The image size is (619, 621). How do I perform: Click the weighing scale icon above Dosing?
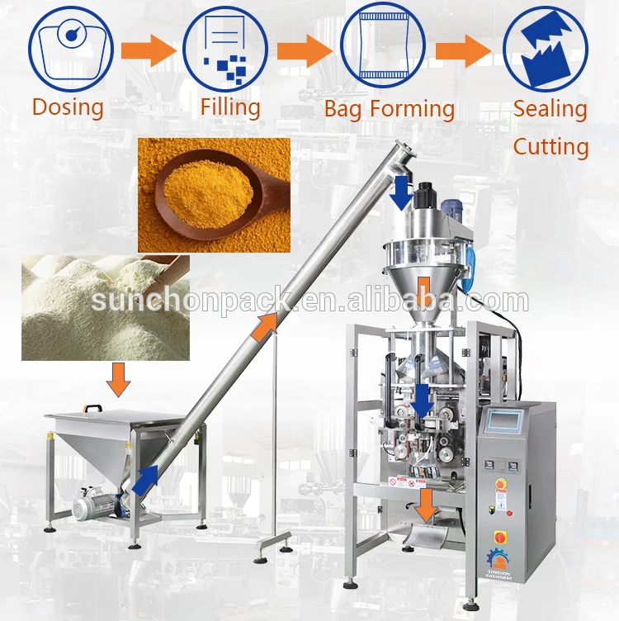point(71,47)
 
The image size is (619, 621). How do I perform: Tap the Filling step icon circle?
point(225,47)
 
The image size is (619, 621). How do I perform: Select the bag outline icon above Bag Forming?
point(382,47)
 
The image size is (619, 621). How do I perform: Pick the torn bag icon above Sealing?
point(545,47)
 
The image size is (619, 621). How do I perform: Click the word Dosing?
point(68,107)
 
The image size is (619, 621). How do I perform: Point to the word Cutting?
point(550,147)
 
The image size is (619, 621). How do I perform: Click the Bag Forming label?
point(389,109)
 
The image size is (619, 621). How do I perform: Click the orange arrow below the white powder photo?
point(120,379)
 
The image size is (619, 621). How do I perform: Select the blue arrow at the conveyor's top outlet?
point(403,192)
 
